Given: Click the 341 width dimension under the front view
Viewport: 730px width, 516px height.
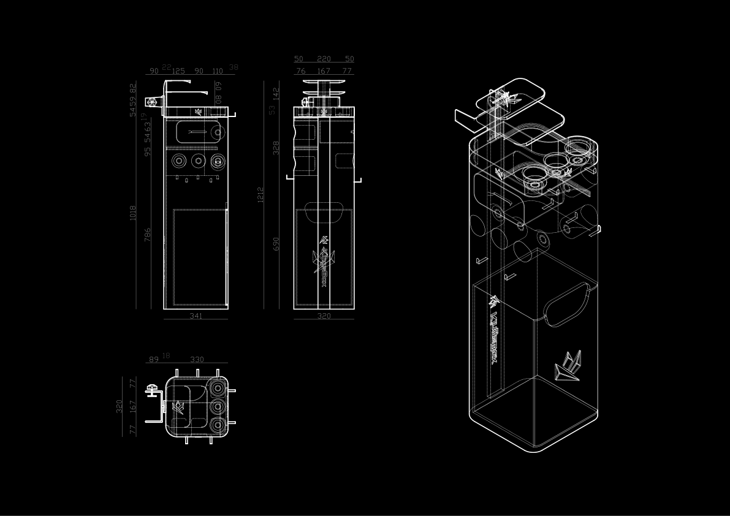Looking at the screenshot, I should tap(196, 316).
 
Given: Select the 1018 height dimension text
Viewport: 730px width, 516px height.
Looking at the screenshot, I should tap(133, 213).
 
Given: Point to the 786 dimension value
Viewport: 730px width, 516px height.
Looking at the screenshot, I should tap(148, 235).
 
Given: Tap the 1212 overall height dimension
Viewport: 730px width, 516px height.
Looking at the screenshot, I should tap(260, 195).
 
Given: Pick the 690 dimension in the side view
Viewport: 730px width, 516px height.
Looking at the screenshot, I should tap(276, 245).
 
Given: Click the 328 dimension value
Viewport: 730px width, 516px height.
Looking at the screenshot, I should tap(276, 148).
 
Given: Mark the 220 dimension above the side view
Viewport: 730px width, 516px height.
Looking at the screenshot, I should tap(324, 59).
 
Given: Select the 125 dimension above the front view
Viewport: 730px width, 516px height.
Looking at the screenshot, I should tap(178, 71).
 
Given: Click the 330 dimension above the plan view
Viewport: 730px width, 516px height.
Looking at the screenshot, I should tap(197, 360).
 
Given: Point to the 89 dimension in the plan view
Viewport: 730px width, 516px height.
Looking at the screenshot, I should tap(153, 360).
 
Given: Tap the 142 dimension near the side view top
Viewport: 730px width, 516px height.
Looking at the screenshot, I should tap(276, 93).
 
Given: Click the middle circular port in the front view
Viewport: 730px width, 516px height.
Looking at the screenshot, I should tap(197, 161).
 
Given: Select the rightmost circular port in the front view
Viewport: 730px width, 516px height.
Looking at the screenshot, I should tap(218, 161).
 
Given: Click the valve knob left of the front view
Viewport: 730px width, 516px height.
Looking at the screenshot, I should tap(151, 101).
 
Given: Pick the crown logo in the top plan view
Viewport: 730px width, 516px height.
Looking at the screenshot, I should tap(178, 406).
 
